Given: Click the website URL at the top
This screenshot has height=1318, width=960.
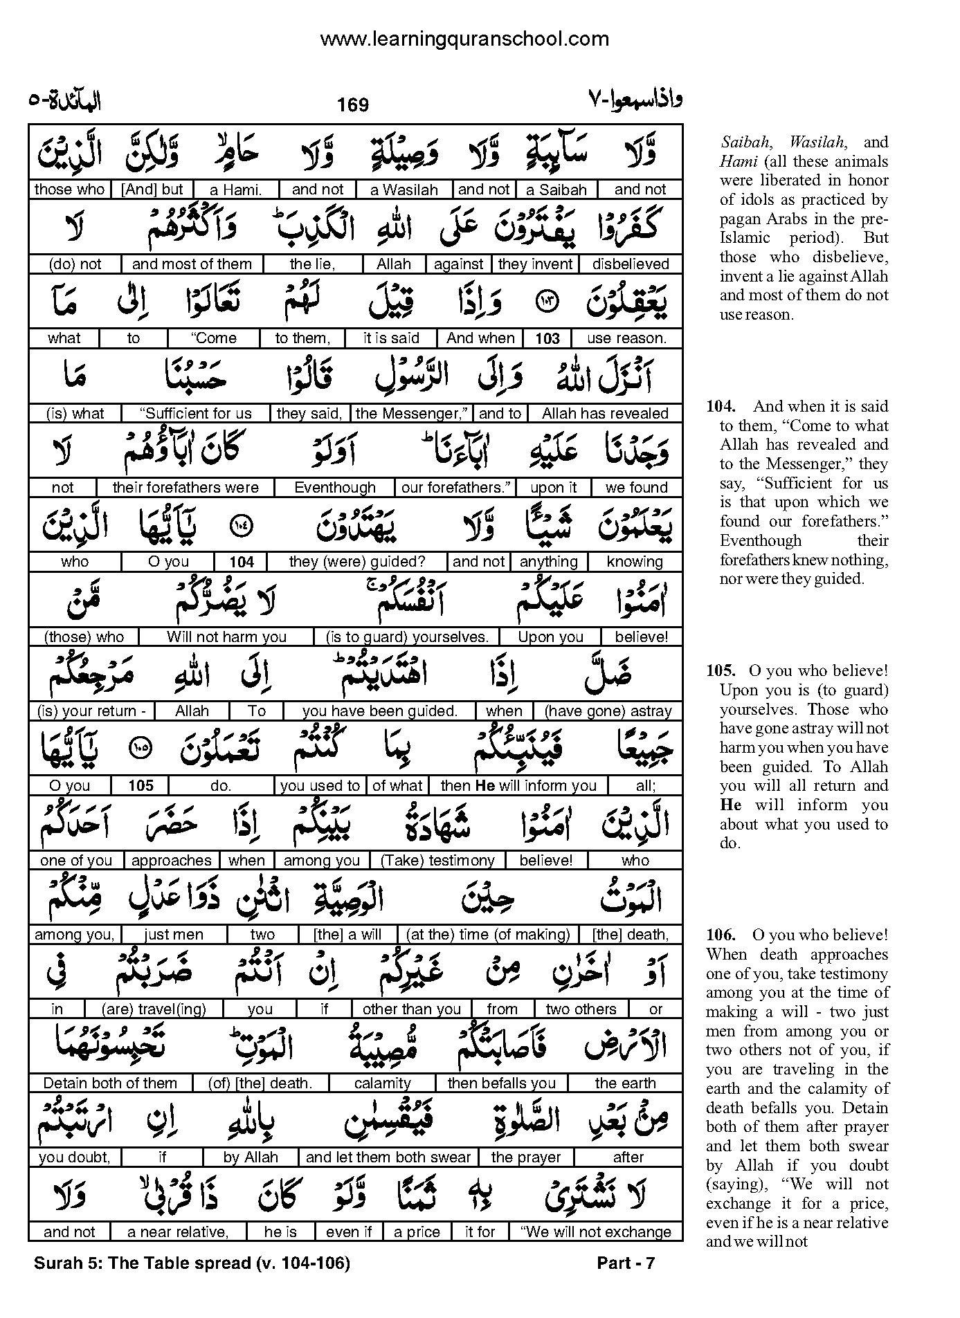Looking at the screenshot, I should click(x=464, y=39).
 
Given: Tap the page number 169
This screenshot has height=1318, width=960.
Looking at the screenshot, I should click(x=353, y=105).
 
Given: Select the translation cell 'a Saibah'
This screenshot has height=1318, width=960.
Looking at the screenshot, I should click(x=556, y=190).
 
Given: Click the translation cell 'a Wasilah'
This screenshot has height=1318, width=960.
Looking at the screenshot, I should click(x=404, y=190).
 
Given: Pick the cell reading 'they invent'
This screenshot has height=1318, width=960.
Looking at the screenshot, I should click(x=535, y=264).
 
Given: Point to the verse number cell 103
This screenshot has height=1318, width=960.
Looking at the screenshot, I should click(x=547, y=338).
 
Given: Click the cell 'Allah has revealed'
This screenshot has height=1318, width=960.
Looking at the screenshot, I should click(x=605, y=414).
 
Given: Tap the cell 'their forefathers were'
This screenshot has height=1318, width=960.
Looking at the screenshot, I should click(x=185, y=488).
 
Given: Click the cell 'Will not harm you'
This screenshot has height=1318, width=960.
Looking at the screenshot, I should click(x=226, y=637).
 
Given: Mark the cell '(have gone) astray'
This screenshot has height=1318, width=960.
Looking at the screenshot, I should click(x=608, y=711).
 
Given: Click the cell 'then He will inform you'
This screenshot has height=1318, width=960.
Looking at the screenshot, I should click(x=518, y=786).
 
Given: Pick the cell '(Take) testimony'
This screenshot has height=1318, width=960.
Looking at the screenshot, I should click(x=437, y=861).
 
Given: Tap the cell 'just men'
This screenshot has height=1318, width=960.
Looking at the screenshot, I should click(x=174, y=935).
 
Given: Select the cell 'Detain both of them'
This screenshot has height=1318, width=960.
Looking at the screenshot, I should click(x=110, y=1083).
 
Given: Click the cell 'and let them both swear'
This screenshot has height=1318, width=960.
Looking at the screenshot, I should click(x=388, y=1157).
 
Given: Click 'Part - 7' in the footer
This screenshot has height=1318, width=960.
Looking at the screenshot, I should click(x=626, y=1263).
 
